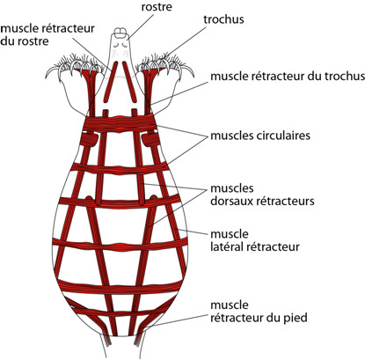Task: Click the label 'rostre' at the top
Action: [x=157, y=7]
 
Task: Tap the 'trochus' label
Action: [x=223, y=19]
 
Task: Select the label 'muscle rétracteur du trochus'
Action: [x=288, y=76]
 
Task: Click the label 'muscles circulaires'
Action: [x=260, y=136]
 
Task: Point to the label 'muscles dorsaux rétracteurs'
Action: [x=262, y=195]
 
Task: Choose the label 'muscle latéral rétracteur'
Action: [x=255, y=240]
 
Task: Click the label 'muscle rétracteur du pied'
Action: [x=259, y=312]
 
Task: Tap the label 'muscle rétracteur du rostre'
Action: [x=47, y=34]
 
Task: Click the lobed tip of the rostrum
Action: [x=120, y=33]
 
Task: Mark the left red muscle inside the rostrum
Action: [x=110, y=81]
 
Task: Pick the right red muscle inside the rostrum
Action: [x=129, y=81]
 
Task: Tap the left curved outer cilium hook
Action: [x=52, y=71]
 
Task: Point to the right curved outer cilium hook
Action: [x=187, y=71]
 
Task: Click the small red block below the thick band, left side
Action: [x=89, y=139]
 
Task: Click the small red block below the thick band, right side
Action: [x=150, y=139]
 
